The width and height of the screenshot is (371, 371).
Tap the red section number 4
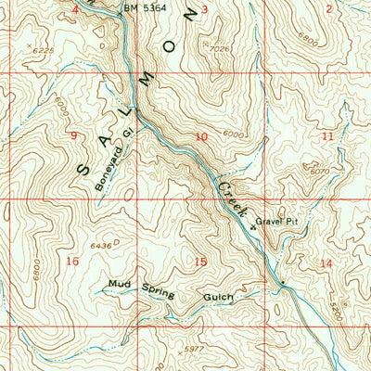pyautogui.click(x=75, y=8)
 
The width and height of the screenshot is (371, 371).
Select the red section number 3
pyautogui.click(x=205, y=8)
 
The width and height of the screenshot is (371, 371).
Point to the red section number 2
pyautogui.click(x=329, y=8)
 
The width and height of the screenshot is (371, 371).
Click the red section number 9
pyautogui.click(x=73, y=136)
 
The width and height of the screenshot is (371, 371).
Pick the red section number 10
pyautogui.click(x=201, y=137)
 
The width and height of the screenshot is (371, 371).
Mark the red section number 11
pyautogui.click(x=326, y=136)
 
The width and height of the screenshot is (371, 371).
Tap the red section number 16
pyautogui.click(x=73, y=262)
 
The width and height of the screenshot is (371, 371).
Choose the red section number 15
pyautogui.click(x=200, y=262)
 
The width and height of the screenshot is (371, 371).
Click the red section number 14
pyautogui.click(x=325, y=264)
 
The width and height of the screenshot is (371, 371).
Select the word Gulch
pyautogui.click(x=219, y=298)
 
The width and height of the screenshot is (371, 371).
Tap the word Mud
pyautogui.click(x=118, y=283)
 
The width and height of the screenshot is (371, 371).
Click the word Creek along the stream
pyautogui.click(x=232, y=200)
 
